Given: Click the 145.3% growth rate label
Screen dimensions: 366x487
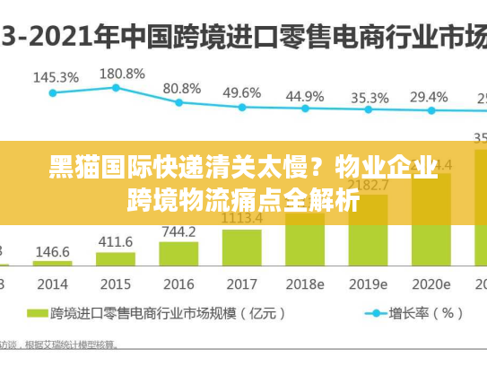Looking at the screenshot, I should point(56,77).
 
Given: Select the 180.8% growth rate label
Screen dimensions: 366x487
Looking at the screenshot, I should point(120,73).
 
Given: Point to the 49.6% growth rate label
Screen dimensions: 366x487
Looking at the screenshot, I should point(242,92).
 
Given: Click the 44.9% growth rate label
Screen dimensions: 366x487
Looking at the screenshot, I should point(305,96).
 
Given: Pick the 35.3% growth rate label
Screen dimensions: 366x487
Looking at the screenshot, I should point(369,98).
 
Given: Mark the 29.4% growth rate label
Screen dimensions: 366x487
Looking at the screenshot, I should point(429,96).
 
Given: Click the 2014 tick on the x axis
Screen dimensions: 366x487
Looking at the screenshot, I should point(52,283).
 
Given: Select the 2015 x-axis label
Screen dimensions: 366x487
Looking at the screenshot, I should point(115,283).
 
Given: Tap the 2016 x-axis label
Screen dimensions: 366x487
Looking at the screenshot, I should point(178,283).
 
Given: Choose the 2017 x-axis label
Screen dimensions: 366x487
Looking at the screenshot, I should point(241,283).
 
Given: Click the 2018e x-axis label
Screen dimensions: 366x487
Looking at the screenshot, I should point(305,283).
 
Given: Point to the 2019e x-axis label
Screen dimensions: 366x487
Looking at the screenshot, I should point(368,283).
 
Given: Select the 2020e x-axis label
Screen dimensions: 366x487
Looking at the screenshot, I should point(430,283).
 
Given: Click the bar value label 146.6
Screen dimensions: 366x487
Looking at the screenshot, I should point(52,251).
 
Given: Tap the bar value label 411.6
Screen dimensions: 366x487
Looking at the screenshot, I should point(115,241).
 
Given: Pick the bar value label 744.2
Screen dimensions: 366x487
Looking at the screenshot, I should point(178,231).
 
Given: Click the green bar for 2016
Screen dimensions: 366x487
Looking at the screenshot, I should point(178,254).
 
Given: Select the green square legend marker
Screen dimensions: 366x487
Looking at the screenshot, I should point(38,314).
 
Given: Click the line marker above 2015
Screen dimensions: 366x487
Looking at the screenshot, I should point(116,87).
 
